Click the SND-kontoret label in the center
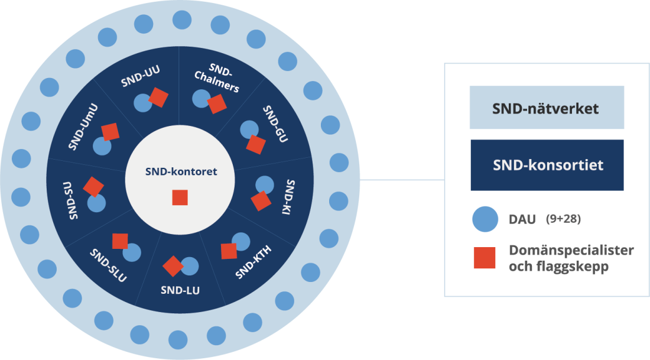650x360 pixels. click(x=181, y=171)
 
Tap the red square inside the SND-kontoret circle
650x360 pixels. click(x=180, y=197)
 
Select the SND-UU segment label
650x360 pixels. click(x=141, y=77)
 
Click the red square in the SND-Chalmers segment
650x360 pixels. click(x=217, y=104)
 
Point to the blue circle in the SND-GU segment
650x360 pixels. click(x=249, y=129)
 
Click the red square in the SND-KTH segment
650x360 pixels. click(x=229, y=251)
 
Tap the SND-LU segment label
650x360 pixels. click(x=180, y=290)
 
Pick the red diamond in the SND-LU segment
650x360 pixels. click(x=173, y=267)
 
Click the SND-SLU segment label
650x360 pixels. click(x=109, y=265)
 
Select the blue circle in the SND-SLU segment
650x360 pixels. click(x=132, y=252)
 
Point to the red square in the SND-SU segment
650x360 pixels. click(x=93, y=186)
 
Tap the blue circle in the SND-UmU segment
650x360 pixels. click(x=102, y=146)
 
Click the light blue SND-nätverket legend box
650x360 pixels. click(x=547, y=108)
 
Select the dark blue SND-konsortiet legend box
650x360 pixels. click(x=547, y=165)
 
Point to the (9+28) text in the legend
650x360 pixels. click(x=563, y=219)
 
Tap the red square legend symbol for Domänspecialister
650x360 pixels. click(x=485, y=258)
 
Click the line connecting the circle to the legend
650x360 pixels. click(x=402, y=180)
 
